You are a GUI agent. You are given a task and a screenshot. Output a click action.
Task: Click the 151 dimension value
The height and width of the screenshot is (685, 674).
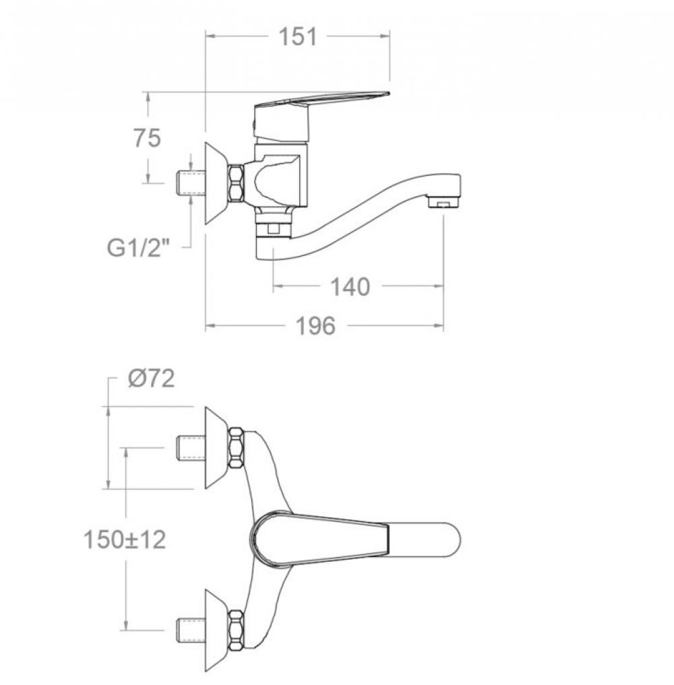coord(297,36)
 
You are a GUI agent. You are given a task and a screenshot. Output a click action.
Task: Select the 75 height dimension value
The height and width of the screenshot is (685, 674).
coord(148,138)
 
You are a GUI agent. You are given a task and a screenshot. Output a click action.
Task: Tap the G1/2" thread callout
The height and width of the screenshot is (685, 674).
coord(137,248)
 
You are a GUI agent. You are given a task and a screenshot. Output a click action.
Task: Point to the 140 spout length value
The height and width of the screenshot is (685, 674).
coord(350,287)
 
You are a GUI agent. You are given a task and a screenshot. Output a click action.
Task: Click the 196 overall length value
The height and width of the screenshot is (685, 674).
coord(315,326)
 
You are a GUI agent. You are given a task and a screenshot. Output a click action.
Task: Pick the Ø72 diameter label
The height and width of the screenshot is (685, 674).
coord(152,379)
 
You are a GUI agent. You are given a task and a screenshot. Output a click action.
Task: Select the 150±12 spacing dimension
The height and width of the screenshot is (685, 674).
coord(125,540)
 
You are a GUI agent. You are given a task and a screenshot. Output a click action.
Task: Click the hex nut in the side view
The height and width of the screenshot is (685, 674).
coord(236,183)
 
